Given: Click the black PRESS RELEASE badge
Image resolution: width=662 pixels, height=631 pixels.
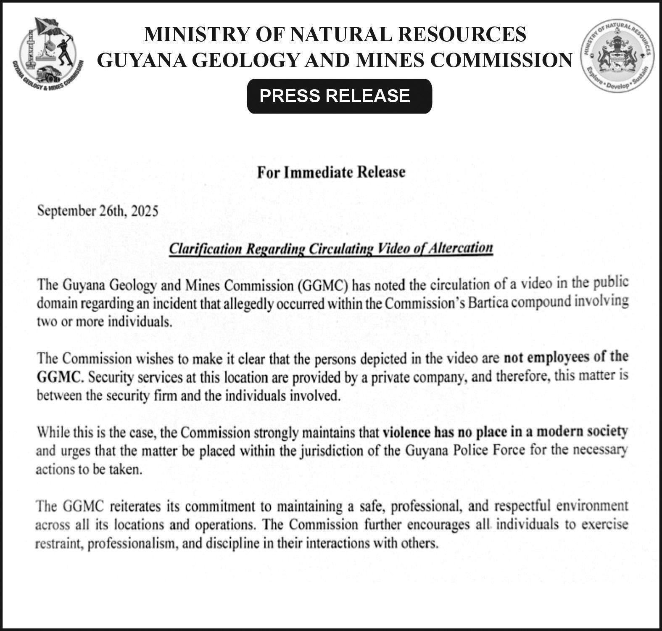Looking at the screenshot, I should (339, 96).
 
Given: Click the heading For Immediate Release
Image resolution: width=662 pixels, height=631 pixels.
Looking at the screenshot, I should (331, 172).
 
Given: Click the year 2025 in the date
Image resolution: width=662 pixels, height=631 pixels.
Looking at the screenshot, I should (145, 210).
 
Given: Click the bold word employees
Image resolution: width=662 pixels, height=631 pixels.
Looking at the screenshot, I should (559, 358).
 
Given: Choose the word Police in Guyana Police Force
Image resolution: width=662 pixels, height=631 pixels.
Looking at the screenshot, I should (472, 450).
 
